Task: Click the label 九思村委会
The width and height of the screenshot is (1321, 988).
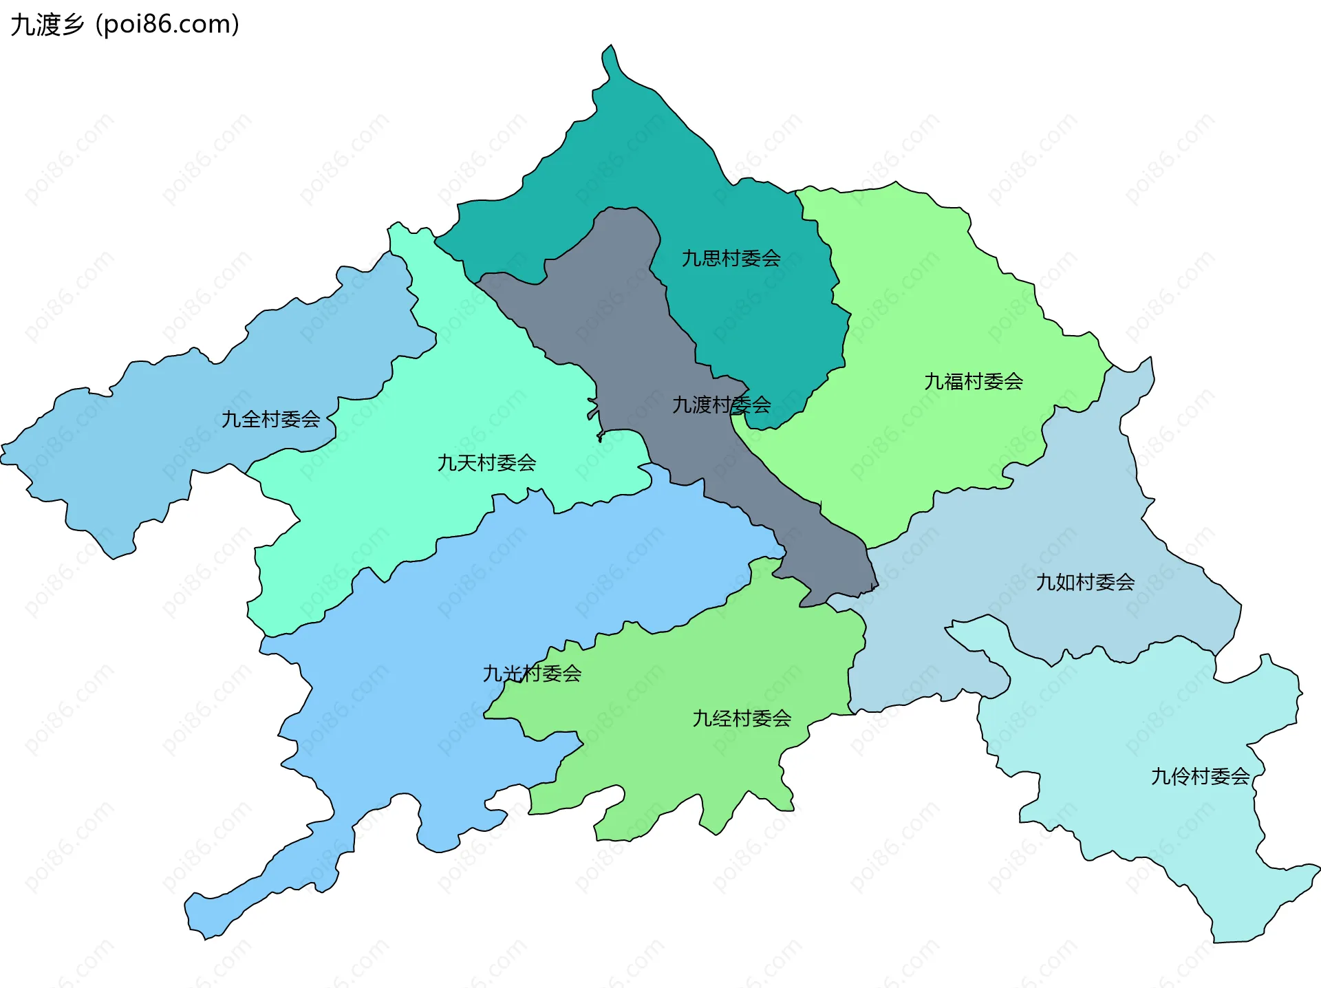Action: click(731, 259)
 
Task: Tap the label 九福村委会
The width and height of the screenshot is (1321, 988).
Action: click(973, 381)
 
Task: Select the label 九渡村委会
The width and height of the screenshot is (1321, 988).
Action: click(721, 405)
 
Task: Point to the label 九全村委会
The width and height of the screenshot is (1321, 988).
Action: click(270, 419)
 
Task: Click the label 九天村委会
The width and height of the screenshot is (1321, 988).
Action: click(486, 462)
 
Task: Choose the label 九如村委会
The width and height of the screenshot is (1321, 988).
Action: click(1085, 582)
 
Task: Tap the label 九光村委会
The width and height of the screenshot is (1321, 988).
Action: click(532, 673)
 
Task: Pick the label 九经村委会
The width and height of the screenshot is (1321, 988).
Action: click(742, 718)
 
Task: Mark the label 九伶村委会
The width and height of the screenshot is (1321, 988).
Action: click(1200, 776)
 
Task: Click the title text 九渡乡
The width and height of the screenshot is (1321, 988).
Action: click(47, 25)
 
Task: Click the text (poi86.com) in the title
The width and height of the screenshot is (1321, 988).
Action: click(167, 25)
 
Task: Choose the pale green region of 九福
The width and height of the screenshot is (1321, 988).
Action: click(929, 310)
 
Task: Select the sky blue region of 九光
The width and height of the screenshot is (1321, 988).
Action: click(413, 688)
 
